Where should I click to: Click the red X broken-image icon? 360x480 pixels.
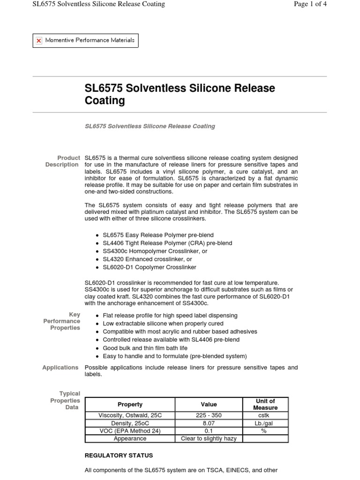point(39,41)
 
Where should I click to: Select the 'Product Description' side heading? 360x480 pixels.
point(62,161)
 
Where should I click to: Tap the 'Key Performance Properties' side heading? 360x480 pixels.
point(62,321)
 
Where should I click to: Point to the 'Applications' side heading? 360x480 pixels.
point(60,367)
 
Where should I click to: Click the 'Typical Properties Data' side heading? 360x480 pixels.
point(65,400)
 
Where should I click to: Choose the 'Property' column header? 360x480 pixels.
point(130,404)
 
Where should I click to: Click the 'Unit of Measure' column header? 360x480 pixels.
point(265,404)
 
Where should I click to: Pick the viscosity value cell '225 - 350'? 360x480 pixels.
point(209,415)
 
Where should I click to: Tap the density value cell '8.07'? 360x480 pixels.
point(209,423)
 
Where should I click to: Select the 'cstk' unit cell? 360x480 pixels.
point(265,415)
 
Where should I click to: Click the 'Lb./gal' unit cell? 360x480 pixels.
point(265,423)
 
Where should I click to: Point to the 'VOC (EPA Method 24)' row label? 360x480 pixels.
point(130,431)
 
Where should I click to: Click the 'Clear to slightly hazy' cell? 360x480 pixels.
point(209,439)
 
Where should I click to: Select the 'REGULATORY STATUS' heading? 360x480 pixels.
point(119,455)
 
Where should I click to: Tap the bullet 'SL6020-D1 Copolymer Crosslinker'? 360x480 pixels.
point(149,267)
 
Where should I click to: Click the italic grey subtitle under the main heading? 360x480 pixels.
point(150,126)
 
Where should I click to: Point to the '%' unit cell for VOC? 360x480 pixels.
point(265,431)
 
